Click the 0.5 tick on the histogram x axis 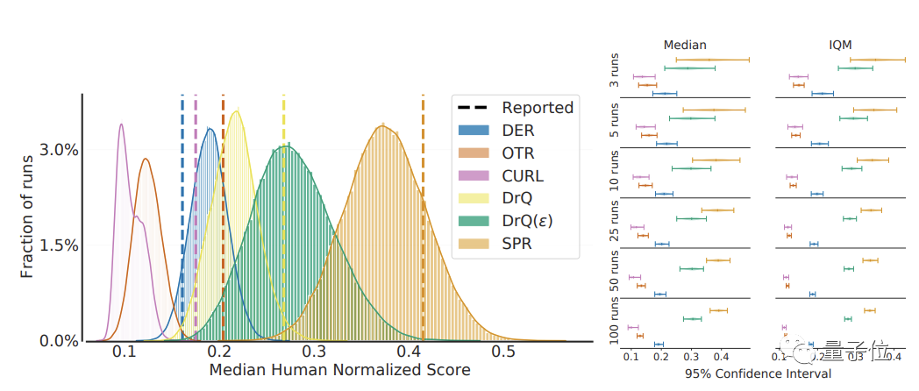coord(503,352)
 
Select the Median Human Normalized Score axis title coord(339,370)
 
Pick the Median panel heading coord(686,45)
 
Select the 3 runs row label coord(613,72)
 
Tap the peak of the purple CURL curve coord(121,124)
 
